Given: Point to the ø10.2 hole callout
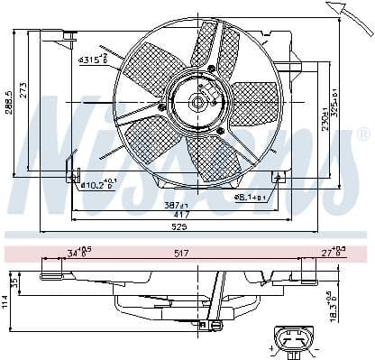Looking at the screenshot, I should point(98,185).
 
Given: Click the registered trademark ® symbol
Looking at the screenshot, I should point(362,134).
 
